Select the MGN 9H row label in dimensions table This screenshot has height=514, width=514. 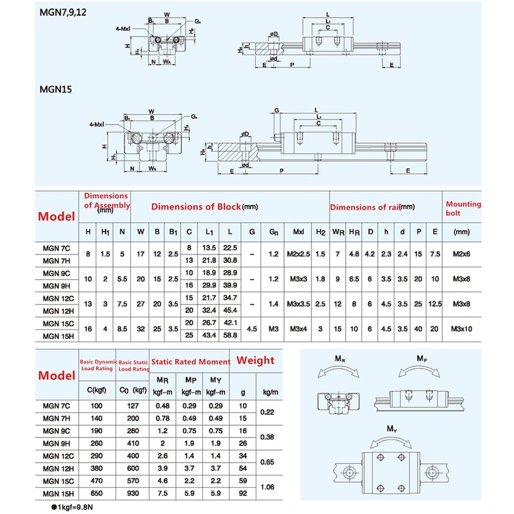57,285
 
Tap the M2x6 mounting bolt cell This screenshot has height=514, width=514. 462,254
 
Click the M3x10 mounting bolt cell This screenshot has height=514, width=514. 462,329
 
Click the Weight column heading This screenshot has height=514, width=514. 255,360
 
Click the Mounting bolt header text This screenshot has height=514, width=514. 463,209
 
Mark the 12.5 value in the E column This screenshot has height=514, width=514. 436,304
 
